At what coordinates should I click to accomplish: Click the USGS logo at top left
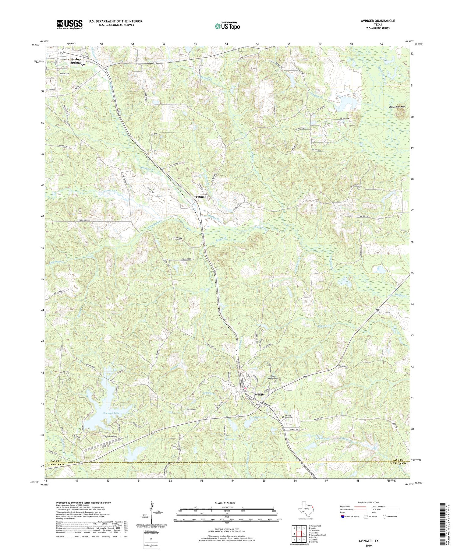pyautogui.click(x=69, y=24)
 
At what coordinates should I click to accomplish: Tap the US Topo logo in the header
pyautogui.click(x=227, y=26)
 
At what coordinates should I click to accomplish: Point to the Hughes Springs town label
pyautogui.click(x=76, y=61)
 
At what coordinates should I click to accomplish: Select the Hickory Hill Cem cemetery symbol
pyautogui.click(x=282, y=417)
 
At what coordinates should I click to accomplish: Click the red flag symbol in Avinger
pyautogui.click(x=246, y=389)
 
